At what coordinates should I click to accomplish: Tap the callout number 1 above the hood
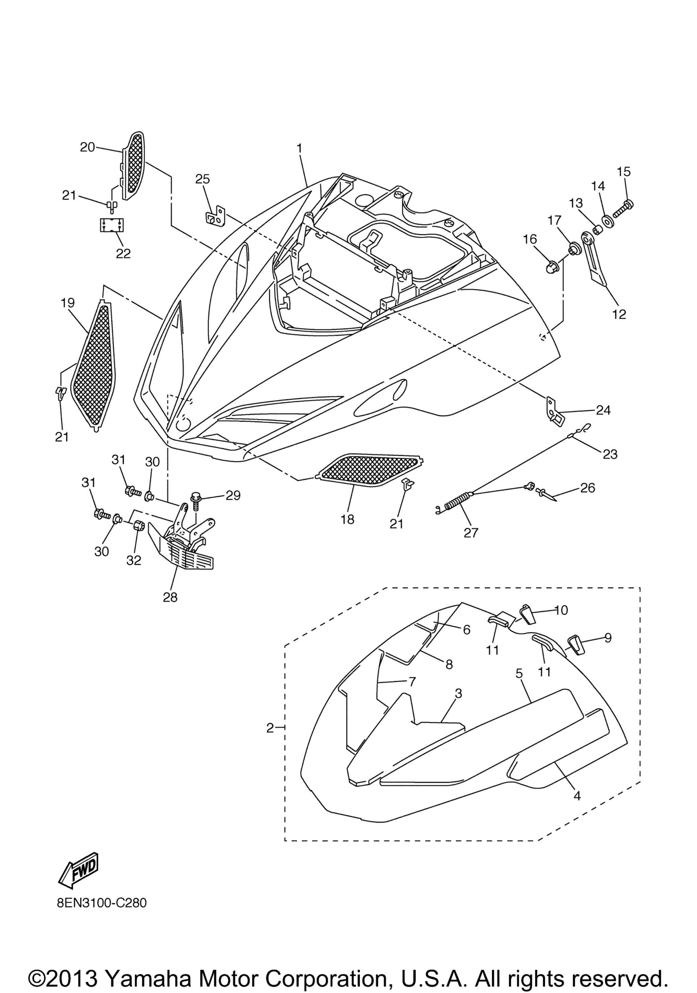tap(299, 148)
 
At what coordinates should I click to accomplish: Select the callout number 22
tap(123, 253)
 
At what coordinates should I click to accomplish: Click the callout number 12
tap(619, 314)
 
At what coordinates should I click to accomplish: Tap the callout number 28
tap(170, 597)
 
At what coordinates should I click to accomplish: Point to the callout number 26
tap(588, 488)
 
